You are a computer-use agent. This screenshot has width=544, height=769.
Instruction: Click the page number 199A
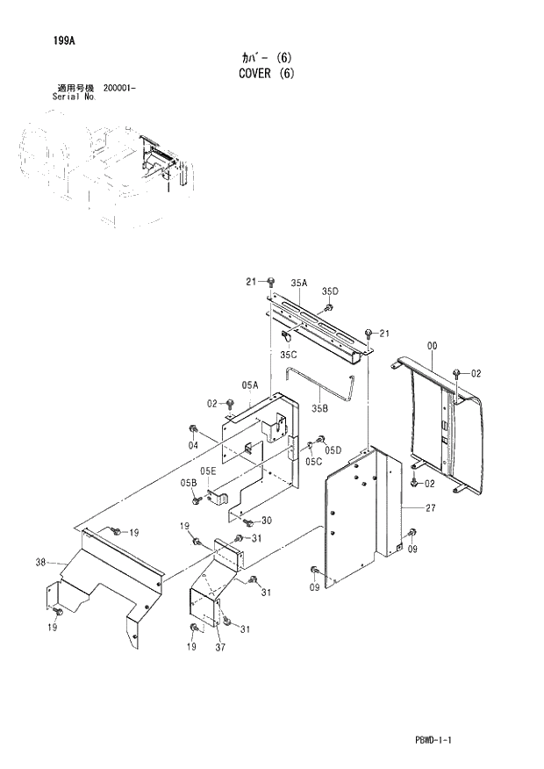tap(50, 40)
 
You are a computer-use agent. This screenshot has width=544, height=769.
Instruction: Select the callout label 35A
tap(299, 283)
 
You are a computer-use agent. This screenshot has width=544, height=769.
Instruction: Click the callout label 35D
tap(329, 291)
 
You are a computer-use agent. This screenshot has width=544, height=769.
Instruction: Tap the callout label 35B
tap(320, 407)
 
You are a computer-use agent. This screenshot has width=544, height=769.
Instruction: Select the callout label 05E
tap(207, 471)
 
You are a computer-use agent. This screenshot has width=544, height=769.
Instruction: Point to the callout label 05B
tap(189, 484)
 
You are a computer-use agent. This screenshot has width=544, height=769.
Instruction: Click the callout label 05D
tap(333, 450)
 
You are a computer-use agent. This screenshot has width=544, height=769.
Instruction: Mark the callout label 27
tap(431, 507)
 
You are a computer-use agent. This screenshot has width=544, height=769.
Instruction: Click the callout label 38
tap(40, 563)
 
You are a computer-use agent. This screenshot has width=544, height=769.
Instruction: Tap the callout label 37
tap(222, 649)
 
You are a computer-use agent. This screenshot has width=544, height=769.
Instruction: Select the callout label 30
tap(266, 521)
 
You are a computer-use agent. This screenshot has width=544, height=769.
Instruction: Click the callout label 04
tap(193, 445)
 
